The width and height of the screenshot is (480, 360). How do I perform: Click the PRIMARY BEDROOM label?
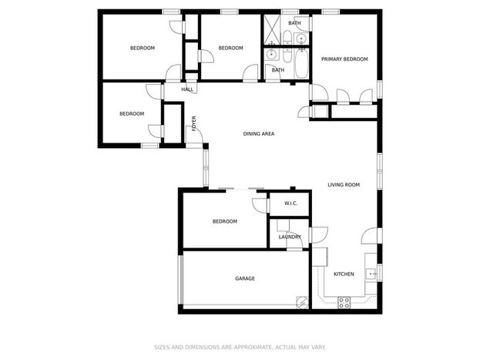(x=344, y=59)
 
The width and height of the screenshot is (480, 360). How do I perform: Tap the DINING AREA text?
(x=259, y=134)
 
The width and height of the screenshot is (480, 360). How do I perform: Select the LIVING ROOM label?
(x=344, y=185)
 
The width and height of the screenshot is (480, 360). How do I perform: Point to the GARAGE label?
(x=245, y=278)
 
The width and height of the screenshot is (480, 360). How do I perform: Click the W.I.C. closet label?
(x=290, y=204)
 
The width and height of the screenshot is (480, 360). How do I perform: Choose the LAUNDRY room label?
(x=290, y=237)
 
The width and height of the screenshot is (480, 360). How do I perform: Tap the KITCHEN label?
(x=344, y=274)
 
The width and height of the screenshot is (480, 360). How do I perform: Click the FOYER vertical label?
(x=194, y=123)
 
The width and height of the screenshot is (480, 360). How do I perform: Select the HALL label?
(x=187, y=89)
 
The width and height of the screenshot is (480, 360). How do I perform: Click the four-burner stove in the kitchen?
(x=344, y=302)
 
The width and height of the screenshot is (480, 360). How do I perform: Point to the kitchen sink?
(x=371, y=274)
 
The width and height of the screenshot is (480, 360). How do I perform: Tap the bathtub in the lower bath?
(x=301, y=63)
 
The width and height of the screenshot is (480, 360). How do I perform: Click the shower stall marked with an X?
(x=272, y=30)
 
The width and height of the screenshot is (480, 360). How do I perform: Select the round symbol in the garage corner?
(x=302, y=302)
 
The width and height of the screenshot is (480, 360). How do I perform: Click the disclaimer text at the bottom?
(x=240, y=347)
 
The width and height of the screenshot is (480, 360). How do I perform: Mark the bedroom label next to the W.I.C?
(x=225, y=221)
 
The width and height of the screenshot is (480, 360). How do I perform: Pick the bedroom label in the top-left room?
(x=143, y=48)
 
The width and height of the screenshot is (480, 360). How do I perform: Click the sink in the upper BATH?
(x=301, y=39)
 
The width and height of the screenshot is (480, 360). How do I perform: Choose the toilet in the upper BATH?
(x=287, y=37)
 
